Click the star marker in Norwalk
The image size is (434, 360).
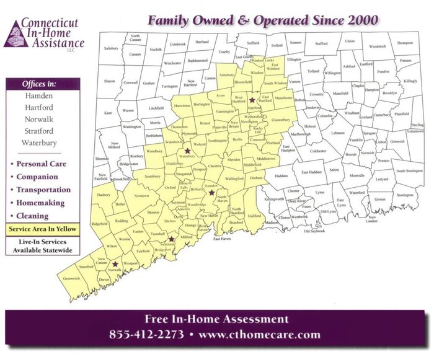(x=115, y=264)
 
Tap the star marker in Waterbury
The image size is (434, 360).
(x=187, y=151)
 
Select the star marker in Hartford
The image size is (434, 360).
(x=252, y=99)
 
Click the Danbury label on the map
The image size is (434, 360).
(x=103, y=195)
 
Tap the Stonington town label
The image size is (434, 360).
(x=405, y=195)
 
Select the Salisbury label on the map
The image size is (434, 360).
(x=111, y=48)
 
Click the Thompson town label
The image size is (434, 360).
(x=405, y=43)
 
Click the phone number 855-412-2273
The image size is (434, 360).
(x=146, y=335)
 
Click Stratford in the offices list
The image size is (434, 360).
(x=39, y=131)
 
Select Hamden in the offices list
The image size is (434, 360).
(x=39, y=97)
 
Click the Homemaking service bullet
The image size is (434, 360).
(x=41, y=203)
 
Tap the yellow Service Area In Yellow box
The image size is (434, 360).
(x=39, y=229)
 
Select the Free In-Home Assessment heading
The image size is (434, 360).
(x=216, y=320)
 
